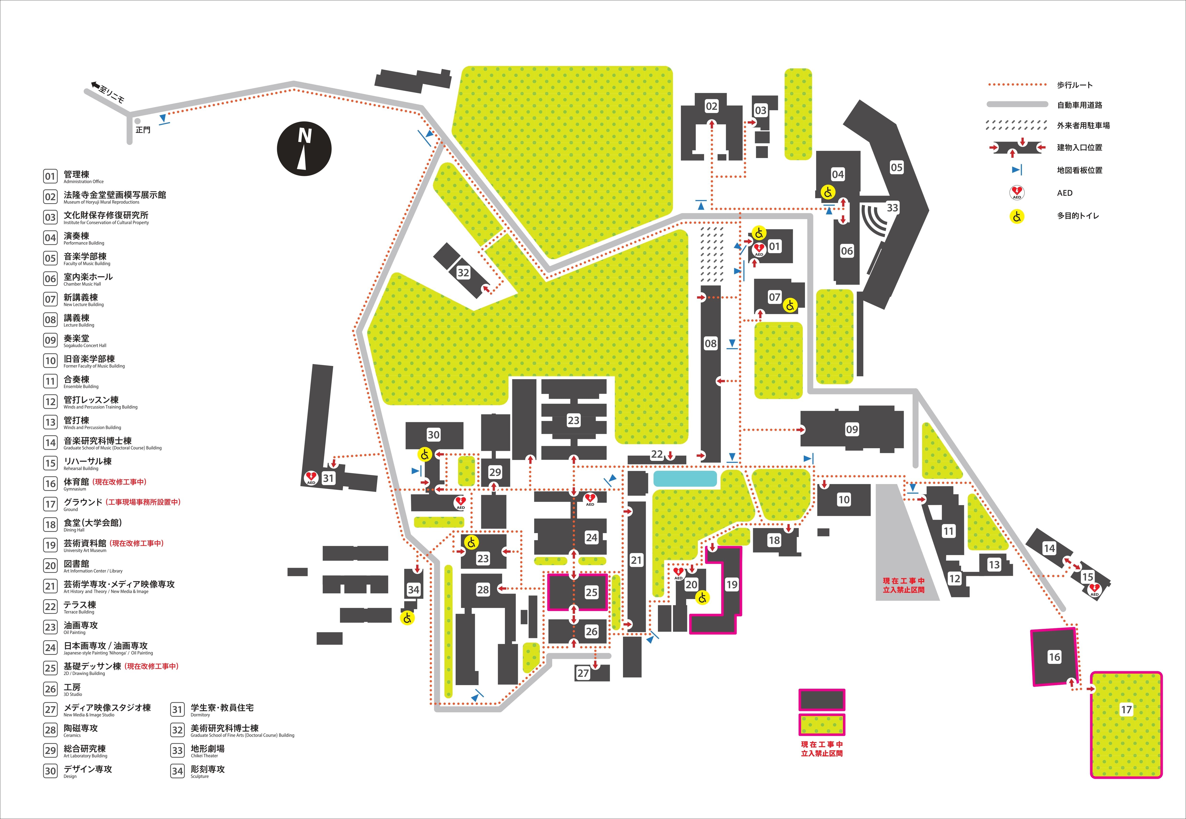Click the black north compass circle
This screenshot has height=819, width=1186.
tap(304, 149)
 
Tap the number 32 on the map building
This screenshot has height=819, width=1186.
tap(463, 273)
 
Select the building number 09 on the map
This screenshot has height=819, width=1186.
tap(851, 429)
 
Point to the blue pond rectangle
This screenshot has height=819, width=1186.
tap(685, 478)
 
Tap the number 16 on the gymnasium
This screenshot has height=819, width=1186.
tap(1054, 657)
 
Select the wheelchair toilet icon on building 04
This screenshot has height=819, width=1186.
tap(828, 192)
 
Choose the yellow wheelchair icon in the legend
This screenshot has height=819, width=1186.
tap(1017, 216)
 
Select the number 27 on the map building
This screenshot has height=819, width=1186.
tap(583, 673)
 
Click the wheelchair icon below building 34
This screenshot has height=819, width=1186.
tap(407, 618)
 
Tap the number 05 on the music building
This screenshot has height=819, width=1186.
tap(896, 167)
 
